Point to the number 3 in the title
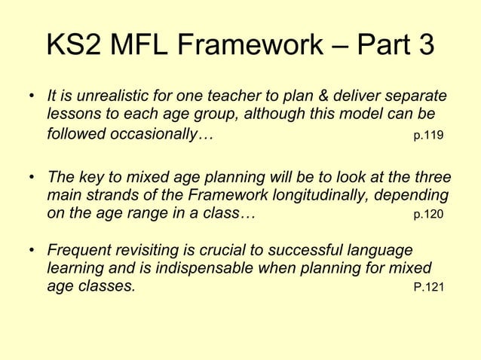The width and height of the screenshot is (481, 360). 423,46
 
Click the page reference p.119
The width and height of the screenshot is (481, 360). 429,137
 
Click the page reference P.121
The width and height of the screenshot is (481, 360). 429,287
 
